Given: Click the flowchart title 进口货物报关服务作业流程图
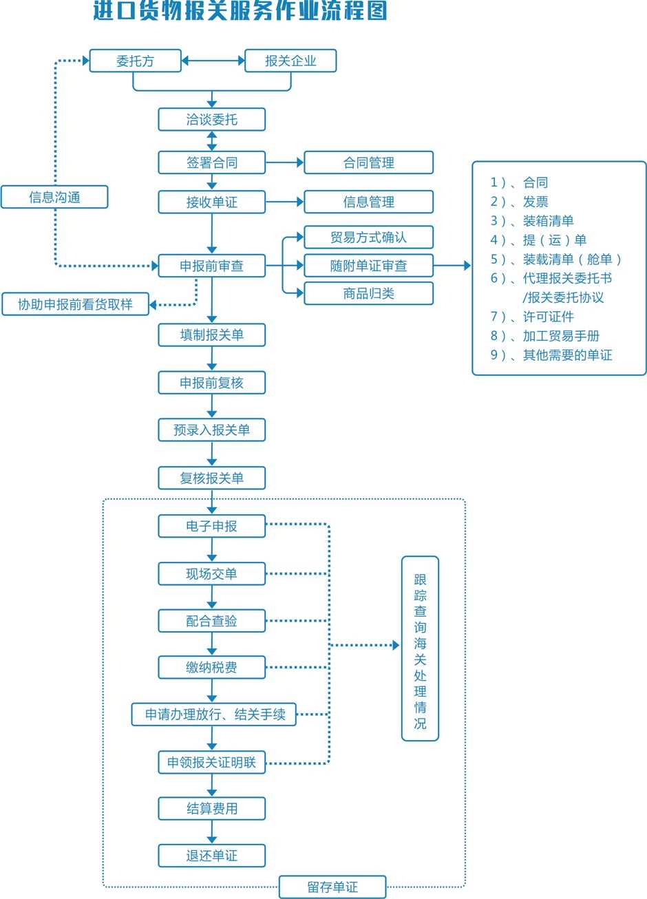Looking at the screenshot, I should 240,12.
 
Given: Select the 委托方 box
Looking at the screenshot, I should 136,61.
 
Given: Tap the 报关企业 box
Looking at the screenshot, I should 290,61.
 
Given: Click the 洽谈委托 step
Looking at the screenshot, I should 211,119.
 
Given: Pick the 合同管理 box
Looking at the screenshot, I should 368,163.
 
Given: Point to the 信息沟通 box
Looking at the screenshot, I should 54,198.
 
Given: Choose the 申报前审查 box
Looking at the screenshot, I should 211,266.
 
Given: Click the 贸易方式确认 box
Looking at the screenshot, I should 368,237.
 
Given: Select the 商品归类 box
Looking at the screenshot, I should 368,293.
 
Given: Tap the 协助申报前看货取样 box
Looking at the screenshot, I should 75,304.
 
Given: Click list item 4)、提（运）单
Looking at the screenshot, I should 538,240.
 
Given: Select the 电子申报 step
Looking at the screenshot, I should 211,526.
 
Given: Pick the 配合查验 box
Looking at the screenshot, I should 211,621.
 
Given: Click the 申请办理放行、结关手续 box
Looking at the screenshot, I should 214,715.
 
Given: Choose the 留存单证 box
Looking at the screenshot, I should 332,887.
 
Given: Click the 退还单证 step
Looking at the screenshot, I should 211,856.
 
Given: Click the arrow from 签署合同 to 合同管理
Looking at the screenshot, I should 284,163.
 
